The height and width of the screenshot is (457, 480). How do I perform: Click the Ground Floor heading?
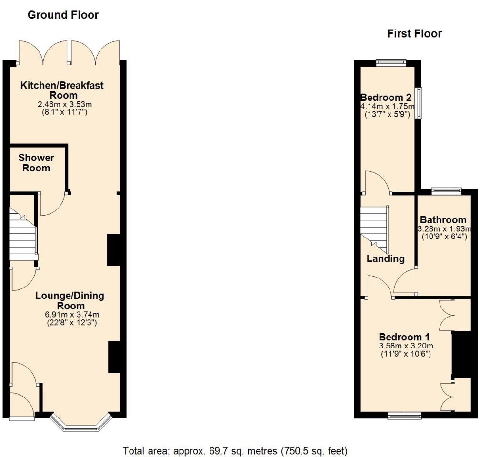point(63,15)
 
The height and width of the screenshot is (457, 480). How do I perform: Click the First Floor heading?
point(414,33)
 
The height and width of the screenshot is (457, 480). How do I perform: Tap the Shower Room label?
point(36,162)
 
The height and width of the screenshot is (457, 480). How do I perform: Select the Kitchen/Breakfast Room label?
point(61,90)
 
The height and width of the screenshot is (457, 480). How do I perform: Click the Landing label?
point(385,258)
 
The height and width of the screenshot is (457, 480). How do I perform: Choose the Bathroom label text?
point(443,219)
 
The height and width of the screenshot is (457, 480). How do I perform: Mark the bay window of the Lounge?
point(80,424)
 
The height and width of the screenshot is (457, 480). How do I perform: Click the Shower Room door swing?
point(52,205)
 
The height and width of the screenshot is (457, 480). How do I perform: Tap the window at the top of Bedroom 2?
point(390,61)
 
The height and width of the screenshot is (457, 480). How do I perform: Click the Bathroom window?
point(447,191)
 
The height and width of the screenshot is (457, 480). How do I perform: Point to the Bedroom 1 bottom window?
point(404,416)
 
